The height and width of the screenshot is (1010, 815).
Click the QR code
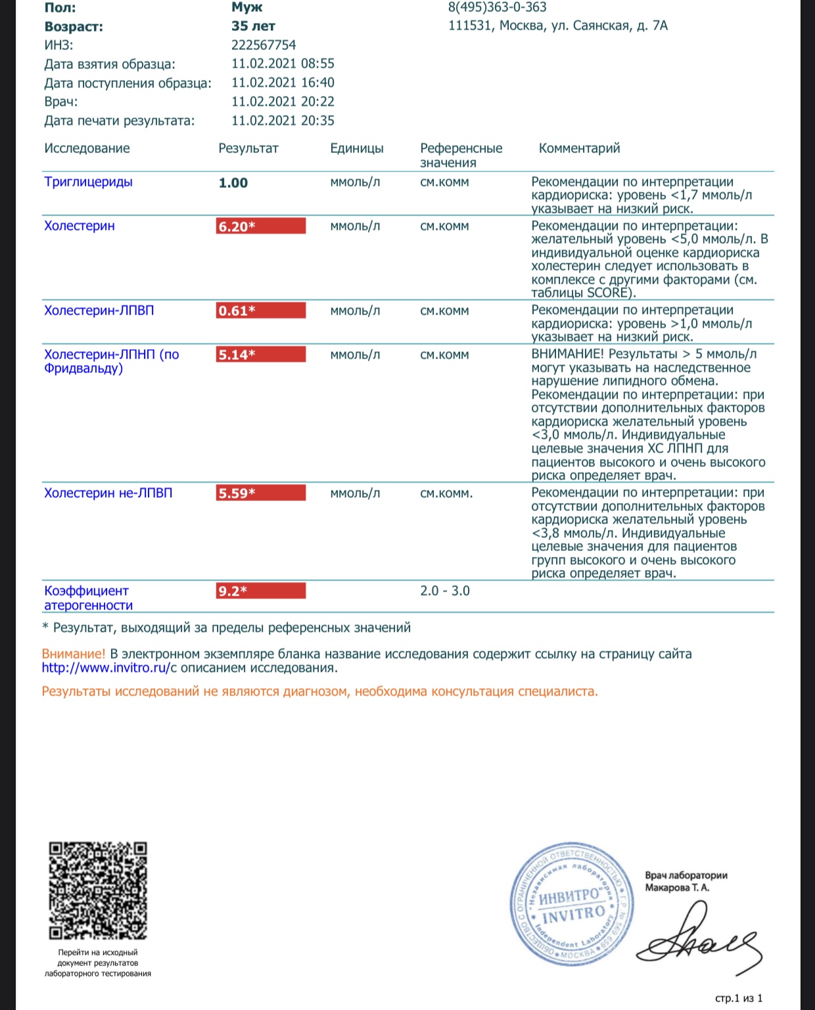click(x=98, y=890)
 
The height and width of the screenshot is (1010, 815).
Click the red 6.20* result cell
click(x=261, y=227)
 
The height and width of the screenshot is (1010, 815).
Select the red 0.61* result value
click(x=261, y=311)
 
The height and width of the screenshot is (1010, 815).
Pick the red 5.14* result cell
click(x=261, y=355)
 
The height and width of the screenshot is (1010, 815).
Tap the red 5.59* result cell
click(x=261, y=493)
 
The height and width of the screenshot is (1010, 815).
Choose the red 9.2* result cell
click(x=261, y=591)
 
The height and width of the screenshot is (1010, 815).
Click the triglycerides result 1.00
click(x=233, y=183)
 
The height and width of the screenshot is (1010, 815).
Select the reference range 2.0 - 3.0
click(x=445, y=591)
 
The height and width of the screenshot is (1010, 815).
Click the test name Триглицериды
click(x=88, y=182)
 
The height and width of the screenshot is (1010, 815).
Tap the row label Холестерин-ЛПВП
click(x=99, y=311)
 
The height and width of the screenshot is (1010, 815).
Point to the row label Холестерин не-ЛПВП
click(x=108, y=493)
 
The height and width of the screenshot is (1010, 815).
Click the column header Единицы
click(x=357, y=148)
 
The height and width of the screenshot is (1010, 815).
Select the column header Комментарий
click(x=579, y=148)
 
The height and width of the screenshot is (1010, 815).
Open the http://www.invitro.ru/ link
click(x=106, y=669)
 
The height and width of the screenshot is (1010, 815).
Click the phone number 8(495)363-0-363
click(x=497, y=7)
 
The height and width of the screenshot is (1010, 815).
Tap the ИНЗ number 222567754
click(x=264, y=45)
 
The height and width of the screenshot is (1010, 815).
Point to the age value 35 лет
click(x=253, y=26)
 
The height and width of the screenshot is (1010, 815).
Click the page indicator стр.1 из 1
click(x=739, y=999)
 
